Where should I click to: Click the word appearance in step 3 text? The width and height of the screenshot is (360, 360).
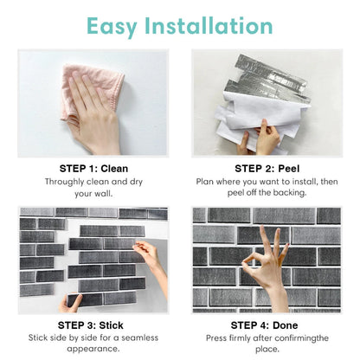click(91, 349)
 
